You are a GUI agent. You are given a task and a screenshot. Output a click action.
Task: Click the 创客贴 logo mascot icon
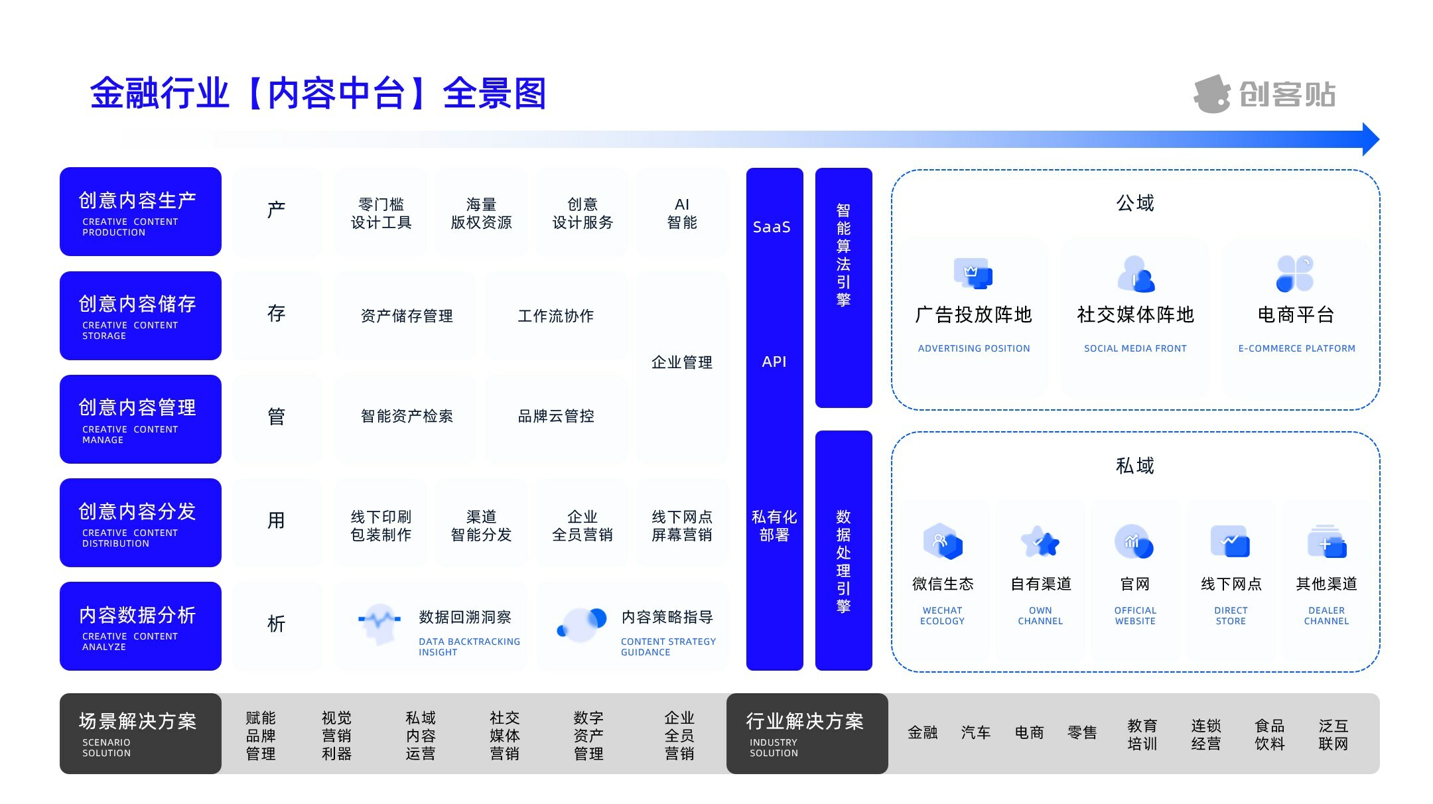1212,94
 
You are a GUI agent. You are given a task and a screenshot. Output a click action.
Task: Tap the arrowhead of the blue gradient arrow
1370,139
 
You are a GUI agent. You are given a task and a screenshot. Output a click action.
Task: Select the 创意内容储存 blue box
140,316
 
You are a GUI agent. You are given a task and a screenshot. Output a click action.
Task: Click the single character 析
276,624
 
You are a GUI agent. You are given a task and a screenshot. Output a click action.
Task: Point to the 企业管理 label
682,362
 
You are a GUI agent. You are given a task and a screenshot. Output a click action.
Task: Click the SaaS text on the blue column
772,227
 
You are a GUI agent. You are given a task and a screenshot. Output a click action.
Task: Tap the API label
774,362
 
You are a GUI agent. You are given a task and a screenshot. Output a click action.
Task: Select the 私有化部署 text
774,525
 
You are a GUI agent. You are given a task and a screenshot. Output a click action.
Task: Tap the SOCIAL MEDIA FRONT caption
1135,348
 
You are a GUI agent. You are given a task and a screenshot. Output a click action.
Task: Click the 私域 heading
1135,466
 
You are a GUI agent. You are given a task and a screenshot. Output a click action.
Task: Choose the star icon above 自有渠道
1040,543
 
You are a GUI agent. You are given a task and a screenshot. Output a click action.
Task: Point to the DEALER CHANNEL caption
1326,616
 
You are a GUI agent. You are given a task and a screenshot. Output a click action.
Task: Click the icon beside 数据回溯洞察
379,623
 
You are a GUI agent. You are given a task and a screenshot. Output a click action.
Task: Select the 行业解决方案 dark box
807,733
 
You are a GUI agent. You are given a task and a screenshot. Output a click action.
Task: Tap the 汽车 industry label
976,732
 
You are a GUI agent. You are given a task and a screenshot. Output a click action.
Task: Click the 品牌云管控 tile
556,416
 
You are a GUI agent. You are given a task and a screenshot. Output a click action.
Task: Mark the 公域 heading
1135,203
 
